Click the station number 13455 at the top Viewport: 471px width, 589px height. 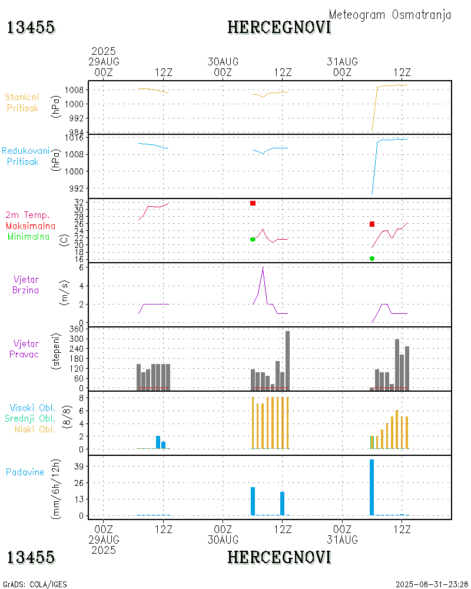click(x=31, y=27)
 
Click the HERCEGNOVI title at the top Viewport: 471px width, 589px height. click(x=279, y=27)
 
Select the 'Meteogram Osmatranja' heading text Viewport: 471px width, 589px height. click(x=390, y=15)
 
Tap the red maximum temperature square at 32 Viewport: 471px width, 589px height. click(x=253, y=203)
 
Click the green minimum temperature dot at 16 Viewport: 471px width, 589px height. click(x=372, y=259)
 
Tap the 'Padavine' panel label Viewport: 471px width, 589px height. click(x=25, y=472)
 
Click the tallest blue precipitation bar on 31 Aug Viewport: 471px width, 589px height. click(x=372, y=487)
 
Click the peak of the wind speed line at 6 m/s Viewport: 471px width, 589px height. click(x=263, y=268)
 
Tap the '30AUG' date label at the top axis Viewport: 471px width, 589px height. click(x=223, y=61)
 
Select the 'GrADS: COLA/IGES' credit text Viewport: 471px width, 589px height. click(x=35, y=584)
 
